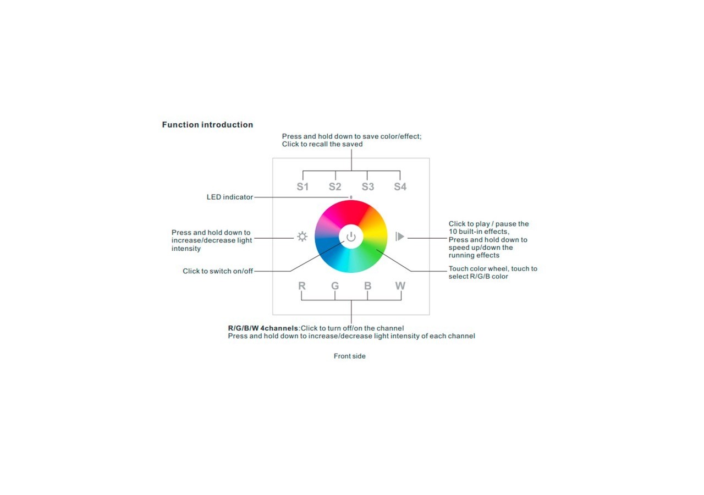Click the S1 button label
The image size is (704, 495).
[x=302, y=187]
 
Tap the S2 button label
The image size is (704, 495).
[x=335, y=187]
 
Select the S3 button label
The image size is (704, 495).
[x=368, y=187]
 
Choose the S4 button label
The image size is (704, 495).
[x=400, y=187]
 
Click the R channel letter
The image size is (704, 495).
[x=302, y=286]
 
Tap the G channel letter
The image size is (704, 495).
[x=335, y=286]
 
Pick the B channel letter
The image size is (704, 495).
[x=367, y=286]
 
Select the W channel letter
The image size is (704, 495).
[x=400, y=286]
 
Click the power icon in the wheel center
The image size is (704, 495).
[x=351, y=237]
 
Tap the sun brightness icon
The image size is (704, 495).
[x=302, y=237]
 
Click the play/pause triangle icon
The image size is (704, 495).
[x=400, y=237]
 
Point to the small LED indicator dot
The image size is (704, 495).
[x=351, y=197]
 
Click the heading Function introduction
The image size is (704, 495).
[x=207, y=125]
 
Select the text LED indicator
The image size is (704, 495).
[x=229, y=197]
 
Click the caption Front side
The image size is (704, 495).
[x=349, y=356]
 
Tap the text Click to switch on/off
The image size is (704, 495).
[x=218, y=271]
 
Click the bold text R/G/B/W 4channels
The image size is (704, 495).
[x=263, y=328]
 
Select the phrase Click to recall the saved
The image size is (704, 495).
[x=322, y=144]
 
